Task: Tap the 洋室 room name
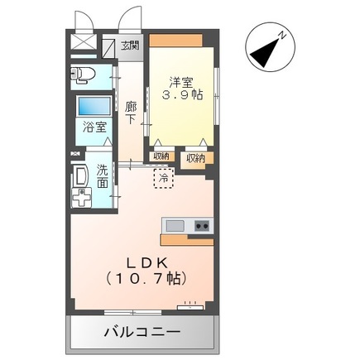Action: (181, 81)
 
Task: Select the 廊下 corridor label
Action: (130, 113)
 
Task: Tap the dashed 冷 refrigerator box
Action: (163, 176)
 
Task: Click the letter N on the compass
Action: (282, 36)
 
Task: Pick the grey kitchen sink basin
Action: (175, 225)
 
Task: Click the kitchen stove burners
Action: (201, 226)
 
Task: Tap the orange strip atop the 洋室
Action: (181, 41)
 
